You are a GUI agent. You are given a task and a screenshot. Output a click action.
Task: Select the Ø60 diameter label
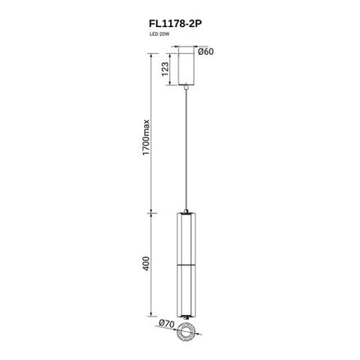pos(206,52)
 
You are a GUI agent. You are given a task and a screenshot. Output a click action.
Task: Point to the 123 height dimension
pos(164,70)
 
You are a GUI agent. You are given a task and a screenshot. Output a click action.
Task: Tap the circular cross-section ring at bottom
pos(187,331)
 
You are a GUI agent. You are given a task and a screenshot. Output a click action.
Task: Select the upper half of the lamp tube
pos(187,237)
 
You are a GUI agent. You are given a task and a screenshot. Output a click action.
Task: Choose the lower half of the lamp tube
pos(187,290)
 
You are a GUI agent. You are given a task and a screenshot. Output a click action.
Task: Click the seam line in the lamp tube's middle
pos(187,264)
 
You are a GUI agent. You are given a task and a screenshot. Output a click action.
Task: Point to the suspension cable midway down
pos(188,147)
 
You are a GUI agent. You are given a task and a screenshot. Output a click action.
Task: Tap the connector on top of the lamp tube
pos(187,208)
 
